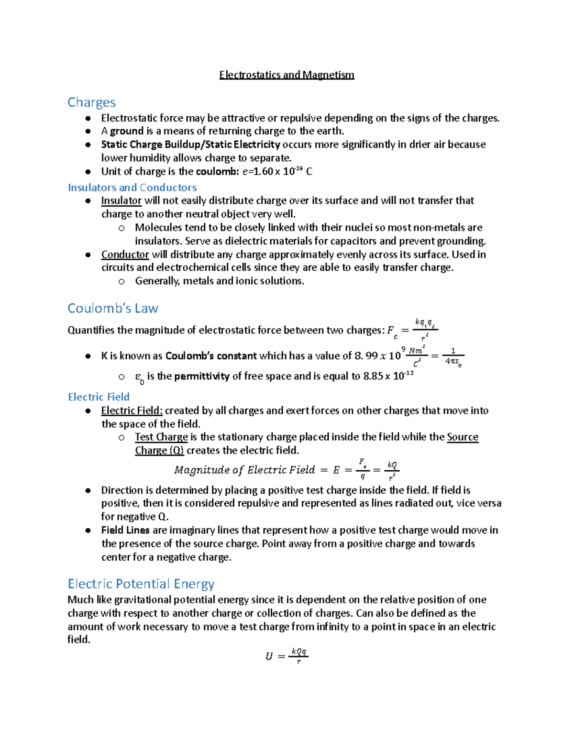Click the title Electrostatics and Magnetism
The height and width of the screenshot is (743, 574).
click(x=287, y=75)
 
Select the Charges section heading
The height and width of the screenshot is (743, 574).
click(x=91, y=102)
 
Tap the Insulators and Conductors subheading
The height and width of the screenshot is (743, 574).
click(x=132, y=188)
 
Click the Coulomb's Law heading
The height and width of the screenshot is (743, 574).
click(x=112, y=308)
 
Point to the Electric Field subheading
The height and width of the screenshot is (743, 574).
click(x=99, y=397)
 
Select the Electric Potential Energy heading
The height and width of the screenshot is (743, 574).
click(x=141, y=584)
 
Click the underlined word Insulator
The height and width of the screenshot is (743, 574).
click(x=121, y=200)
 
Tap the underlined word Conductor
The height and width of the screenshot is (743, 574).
click(x=125, y=255)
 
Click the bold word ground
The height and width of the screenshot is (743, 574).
click(x=127, y=131)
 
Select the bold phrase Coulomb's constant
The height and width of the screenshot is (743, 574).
click(x=211, y=356)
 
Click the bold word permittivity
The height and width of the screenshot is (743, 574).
click(x=201, y=377)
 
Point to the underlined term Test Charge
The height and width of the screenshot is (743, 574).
click(x=161, y=437)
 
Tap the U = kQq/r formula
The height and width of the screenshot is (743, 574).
click(x=287, y=655)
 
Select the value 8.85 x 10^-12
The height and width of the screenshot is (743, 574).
click(x=388, y=376)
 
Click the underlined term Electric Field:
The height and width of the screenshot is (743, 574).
click(x=132, y=410)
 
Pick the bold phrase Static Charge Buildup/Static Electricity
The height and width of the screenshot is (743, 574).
click(x=190, y=144)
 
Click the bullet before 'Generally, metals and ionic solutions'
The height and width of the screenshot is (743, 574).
click(x=121, y=281)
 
